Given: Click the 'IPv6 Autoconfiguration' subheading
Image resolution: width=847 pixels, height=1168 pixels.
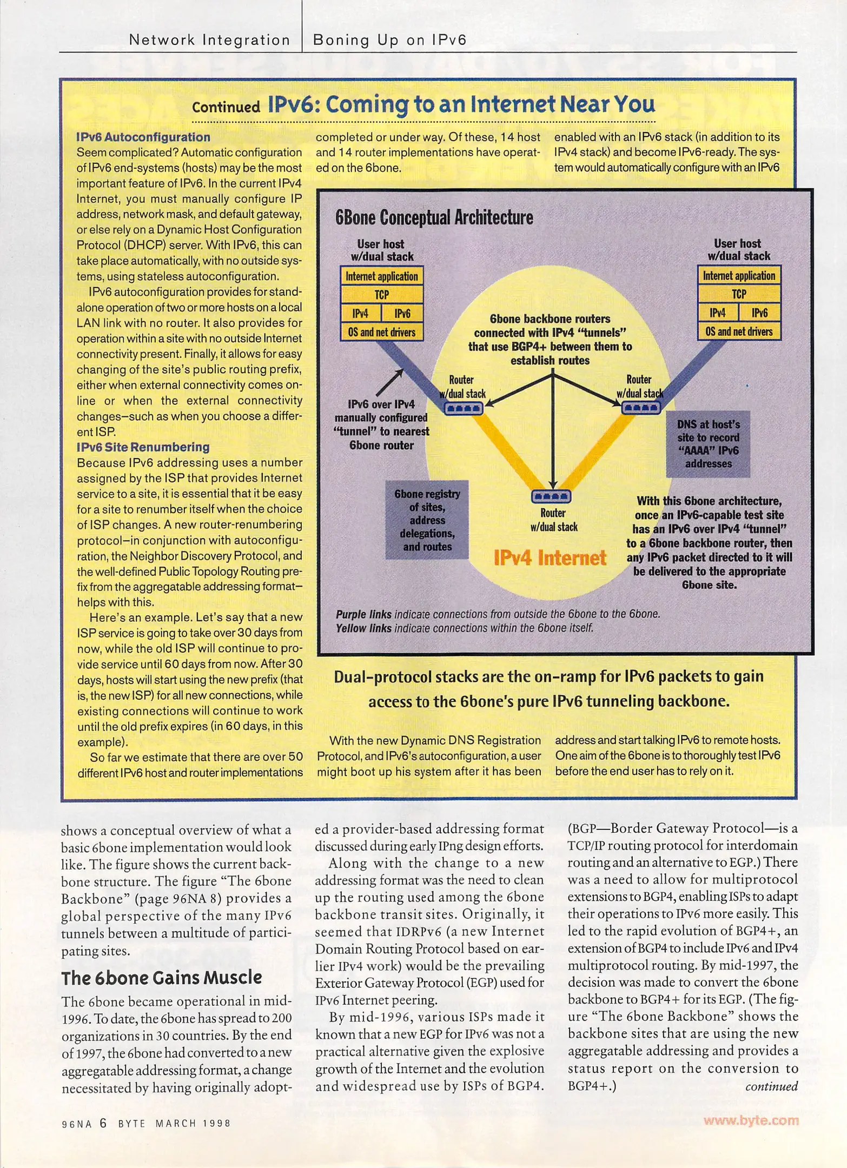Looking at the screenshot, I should [143, 137].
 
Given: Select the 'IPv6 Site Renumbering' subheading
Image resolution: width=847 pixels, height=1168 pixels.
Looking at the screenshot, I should [143, 447].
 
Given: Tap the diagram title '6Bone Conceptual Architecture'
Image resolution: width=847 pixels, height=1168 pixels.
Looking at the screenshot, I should [434, 217].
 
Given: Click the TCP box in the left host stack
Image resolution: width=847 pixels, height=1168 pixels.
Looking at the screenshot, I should [381, 295].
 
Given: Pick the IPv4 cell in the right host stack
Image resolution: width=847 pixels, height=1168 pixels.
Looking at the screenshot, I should [718, 313].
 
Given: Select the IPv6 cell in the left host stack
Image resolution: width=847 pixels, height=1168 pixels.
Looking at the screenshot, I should [402, 314].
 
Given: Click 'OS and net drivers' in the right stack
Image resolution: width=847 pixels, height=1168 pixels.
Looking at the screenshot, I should [739, 331].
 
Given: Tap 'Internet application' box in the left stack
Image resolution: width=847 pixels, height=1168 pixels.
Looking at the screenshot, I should [381, 276].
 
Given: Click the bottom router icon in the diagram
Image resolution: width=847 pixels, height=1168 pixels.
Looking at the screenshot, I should [551, 496].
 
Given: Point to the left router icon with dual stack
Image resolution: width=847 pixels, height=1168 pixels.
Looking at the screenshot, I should [464, 408].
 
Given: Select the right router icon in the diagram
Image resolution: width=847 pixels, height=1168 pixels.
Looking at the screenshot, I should [640, 408].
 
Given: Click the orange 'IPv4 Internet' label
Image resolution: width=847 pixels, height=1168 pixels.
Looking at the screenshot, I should [550, 558].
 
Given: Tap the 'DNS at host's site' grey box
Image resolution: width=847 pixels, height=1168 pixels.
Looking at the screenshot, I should [708, 444].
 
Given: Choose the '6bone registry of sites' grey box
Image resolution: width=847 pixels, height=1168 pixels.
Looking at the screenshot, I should [427, 520].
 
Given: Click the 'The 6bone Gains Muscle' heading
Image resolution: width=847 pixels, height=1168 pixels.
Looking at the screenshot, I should [161, 978].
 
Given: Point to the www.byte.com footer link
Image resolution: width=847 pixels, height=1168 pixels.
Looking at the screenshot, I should [751, 1120].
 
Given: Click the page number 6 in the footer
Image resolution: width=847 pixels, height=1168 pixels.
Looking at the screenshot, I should [103, 1123].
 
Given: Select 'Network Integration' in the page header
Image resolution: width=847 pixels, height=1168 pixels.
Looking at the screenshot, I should [209, 40].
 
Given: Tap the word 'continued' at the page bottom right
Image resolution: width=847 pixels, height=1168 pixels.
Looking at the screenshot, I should [771, 1086].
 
